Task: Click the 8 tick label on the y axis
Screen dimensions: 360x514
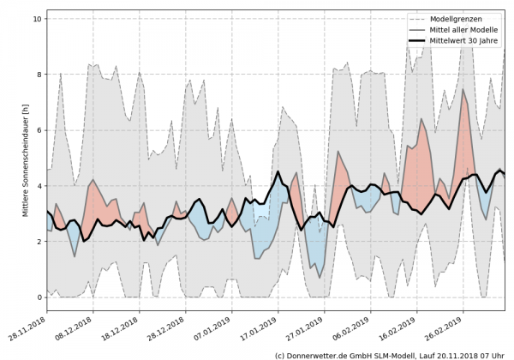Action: coord(39,75)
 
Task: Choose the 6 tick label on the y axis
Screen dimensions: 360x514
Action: coord(39,130)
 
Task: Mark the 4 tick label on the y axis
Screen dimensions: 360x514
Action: coord(39,186)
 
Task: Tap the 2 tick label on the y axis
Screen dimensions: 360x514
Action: coord(39,242)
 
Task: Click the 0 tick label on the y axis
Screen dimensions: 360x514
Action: coord(39,297)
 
